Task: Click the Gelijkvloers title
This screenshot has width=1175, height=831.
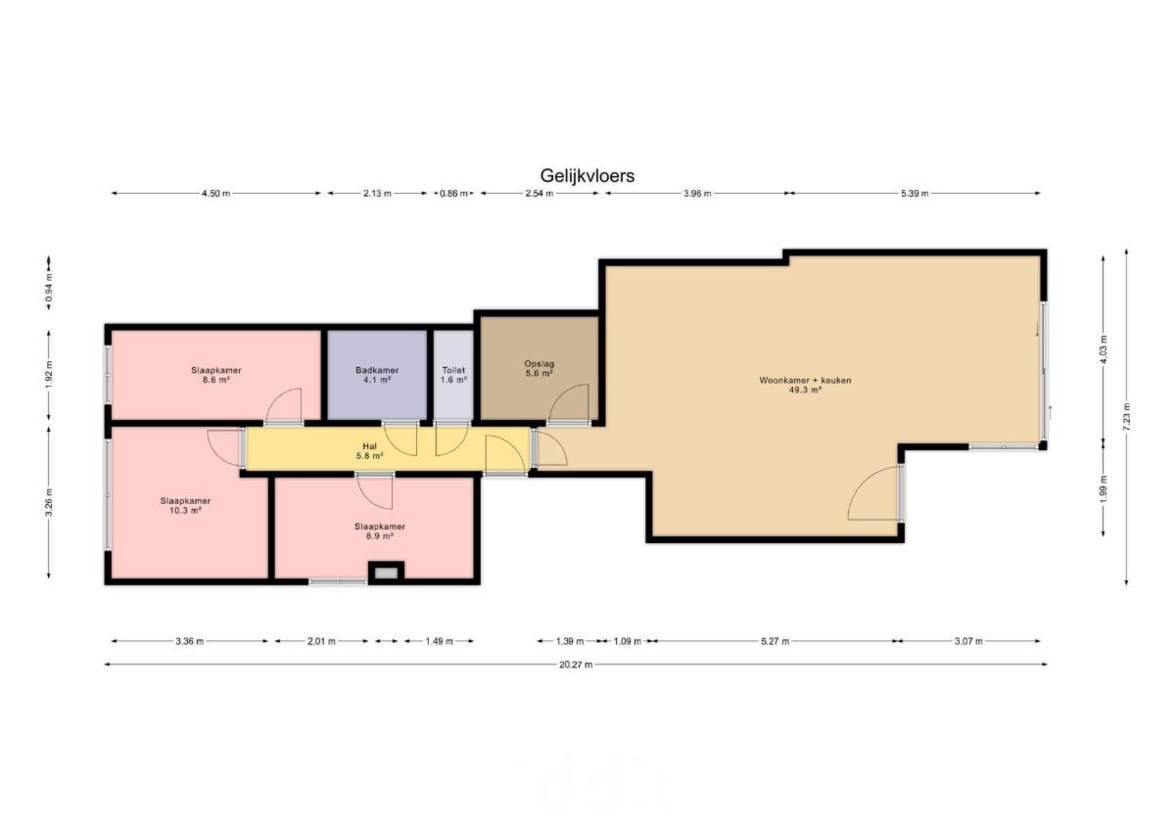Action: (587, 175)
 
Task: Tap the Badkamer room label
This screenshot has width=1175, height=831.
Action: (377, 370)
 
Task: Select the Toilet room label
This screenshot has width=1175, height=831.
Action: (453, 370)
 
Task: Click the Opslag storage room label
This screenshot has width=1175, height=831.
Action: (539, 364)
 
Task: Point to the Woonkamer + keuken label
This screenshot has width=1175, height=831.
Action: (805, 380)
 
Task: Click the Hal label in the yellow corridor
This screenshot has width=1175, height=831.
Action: (369, 446)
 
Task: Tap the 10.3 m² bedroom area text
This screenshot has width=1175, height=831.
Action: (185, 510)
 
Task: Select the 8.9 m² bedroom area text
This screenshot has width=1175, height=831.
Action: (379, 535)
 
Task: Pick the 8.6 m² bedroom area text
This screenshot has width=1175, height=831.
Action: (215, 380)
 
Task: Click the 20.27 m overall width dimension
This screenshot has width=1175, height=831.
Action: (576, 665)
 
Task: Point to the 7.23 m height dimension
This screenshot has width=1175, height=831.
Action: (1126, 417)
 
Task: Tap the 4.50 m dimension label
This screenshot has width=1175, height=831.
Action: (215, 194)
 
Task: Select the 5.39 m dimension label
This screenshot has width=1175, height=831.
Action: (915, 194)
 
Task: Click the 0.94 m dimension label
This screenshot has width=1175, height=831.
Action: (49, 288)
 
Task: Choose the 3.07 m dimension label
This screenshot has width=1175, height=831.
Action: (967, 641)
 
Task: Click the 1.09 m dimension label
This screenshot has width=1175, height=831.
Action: (628, 641)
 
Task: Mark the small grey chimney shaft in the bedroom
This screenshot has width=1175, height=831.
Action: (386, 573)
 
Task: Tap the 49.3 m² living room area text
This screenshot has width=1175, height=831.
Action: (805, 390)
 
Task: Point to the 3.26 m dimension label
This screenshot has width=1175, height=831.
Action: (49, 502)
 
